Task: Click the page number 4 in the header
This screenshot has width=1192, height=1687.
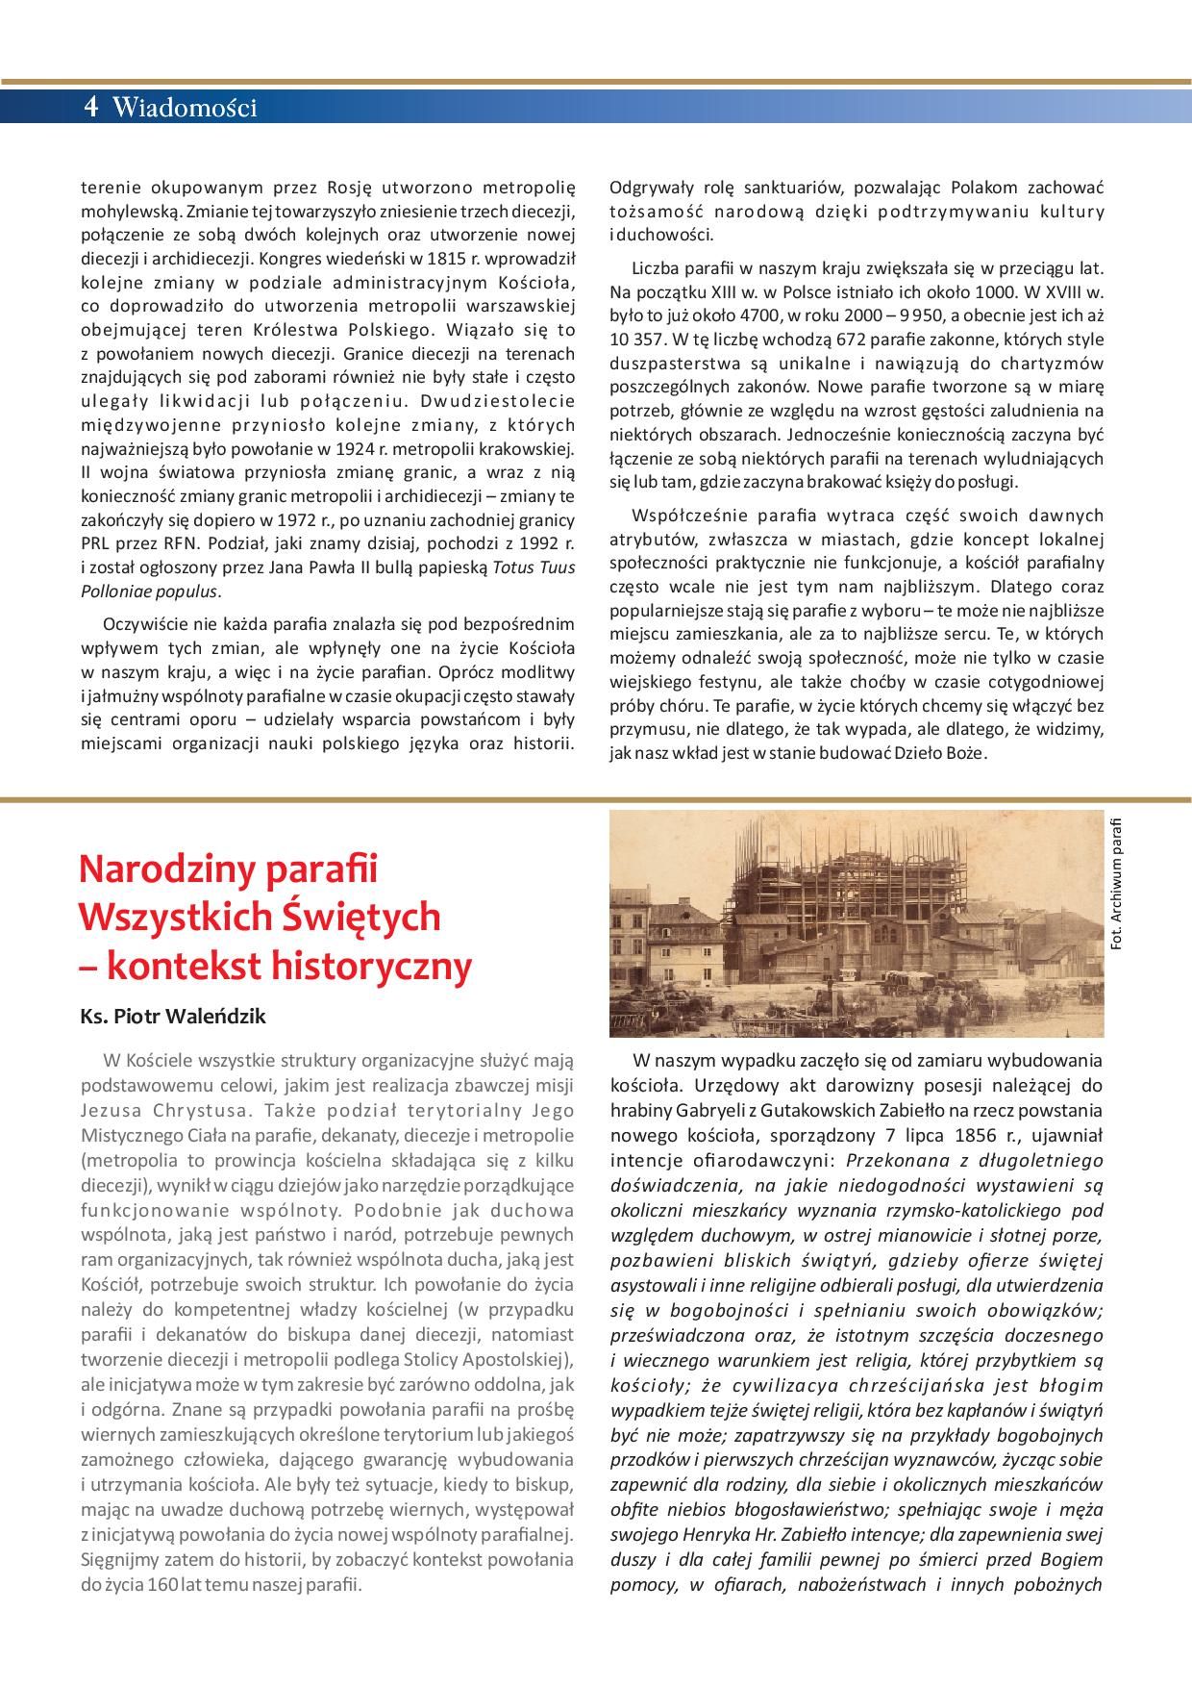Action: click(x=91, y=107)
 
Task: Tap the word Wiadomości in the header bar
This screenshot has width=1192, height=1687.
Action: click(x=186, y=108)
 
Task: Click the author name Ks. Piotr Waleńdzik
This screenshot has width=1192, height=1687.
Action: click(x=173, y=1016)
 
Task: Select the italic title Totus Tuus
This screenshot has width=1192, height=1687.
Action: click(x=534, y=567)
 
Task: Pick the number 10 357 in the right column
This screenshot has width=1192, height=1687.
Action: click(x=637, y=340)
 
